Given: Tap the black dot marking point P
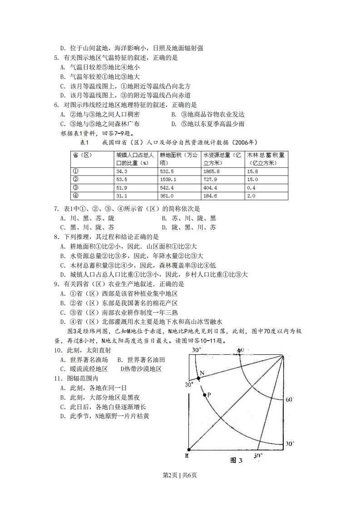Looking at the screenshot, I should pyautogui.click(x=205, y=395).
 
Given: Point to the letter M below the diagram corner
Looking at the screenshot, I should pyautogui.click(x=187, y=455).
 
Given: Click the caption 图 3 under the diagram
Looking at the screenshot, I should pyautogui.click(x=237, y=460).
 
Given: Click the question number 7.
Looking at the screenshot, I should pyautogui.click(x=56, y=209).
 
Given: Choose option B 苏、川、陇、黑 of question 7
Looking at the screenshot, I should pyautogui.click(x=187, y=218).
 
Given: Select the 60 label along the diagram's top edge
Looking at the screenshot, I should pyautogui.click(x=241, y=350).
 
